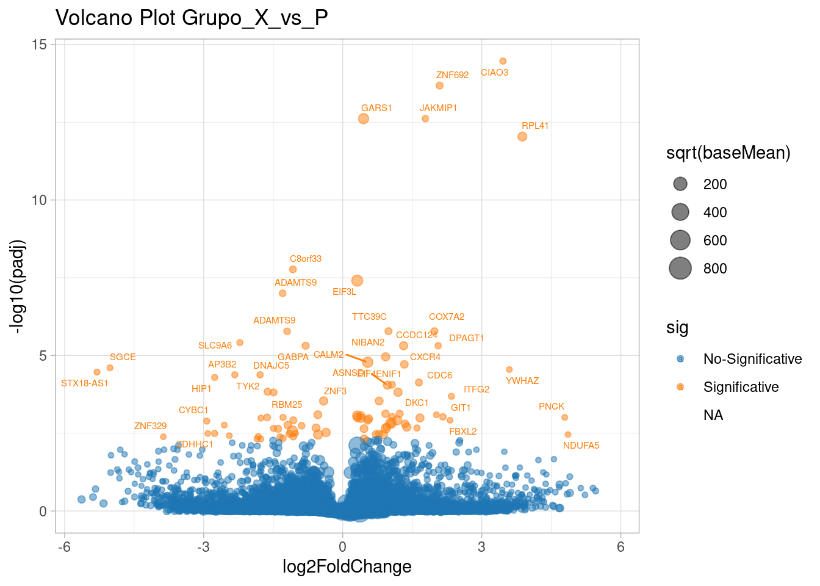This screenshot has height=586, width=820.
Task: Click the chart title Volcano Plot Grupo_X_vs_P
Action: pos(192,18)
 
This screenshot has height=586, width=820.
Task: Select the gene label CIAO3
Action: pos(494,73)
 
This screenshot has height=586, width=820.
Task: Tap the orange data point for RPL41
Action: pos(522,137)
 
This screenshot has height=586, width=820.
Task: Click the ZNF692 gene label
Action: pos(452,75)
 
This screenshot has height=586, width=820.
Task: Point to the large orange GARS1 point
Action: pos(364,118)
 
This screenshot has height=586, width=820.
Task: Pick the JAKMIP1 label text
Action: pos(438,108)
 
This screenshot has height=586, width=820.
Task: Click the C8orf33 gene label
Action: pos(306,259)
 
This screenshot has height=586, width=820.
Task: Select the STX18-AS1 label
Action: pos(85,383)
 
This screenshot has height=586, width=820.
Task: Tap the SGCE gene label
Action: pos(123,357)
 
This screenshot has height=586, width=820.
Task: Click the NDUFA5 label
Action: pos(581,446)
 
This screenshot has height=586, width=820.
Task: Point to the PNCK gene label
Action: pos(552,407)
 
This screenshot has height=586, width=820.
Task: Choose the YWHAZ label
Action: pos(522,381)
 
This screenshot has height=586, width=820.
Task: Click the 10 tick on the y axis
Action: pos(39,200)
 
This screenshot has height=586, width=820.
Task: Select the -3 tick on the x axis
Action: pos(203,547)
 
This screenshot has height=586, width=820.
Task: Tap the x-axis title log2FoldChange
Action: pos(347,567)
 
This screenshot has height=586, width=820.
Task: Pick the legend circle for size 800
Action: pos(680,269)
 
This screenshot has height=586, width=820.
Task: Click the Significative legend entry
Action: pos(741,387)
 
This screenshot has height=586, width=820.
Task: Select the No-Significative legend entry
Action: pos(752,359)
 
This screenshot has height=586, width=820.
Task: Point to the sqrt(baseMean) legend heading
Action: pos(728,153)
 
